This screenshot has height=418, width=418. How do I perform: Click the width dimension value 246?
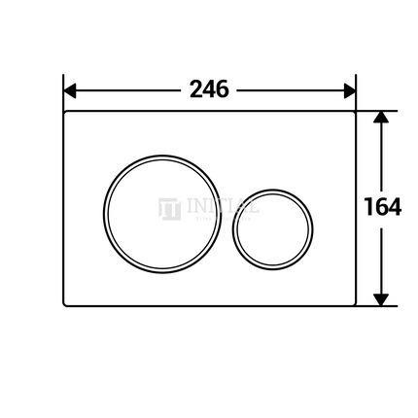[209, 89]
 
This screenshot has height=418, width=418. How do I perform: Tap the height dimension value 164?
[382, 207]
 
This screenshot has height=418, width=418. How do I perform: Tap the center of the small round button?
[273, 228]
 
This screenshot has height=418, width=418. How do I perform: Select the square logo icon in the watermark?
[169, 208]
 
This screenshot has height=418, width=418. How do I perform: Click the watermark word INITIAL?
[221, 206]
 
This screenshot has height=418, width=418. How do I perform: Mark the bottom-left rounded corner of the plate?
[67, 302]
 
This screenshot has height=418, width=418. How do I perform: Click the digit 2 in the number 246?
[195, 89]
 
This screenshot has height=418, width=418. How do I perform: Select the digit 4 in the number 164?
[394, 207]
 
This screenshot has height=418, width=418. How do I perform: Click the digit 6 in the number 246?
[223, 89]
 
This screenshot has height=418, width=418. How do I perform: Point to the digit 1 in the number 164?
[368, 207]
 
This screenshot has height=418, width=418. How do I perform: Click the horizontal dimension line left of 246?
[126, 90]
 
